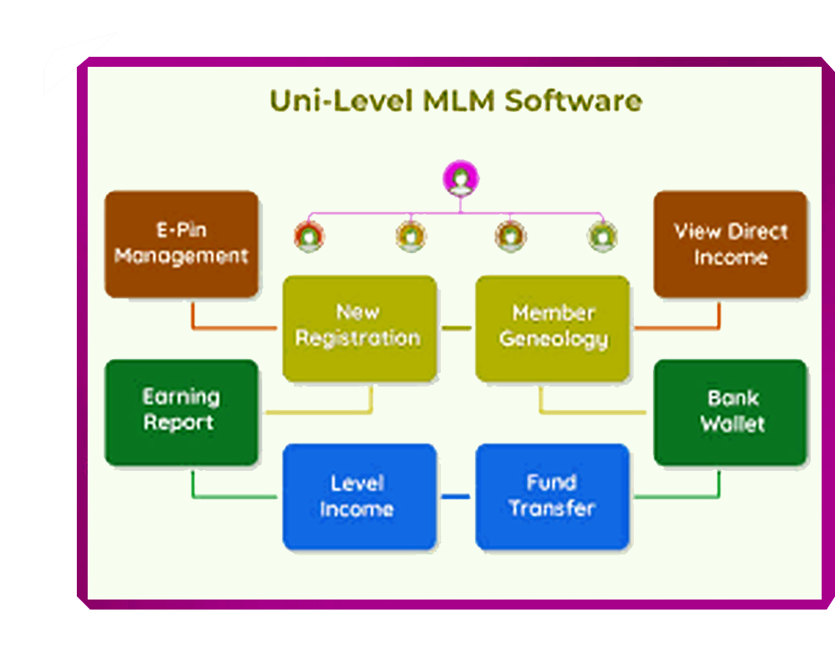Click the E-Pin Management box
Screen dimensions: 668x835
point(181,244)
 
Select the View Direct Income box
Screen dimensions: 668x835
point(731,244)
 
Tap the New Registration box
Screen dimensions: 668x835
point(359,328)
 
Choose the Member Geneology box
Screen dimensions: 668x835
point(553,328)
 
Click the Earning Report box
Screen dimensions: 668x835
point(181,412)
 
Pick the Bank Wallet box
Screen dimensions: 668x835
point(731,412)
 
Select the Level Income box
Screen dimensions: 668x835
point(359,497)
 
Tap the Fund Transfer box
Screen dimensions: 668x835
point(553,497)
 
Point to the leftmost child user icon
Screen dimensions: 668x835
point(309,236)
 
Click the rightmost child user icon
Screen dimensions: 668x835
point(602,236)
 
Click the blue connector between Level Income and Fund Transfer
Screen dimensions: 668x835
point(456,497)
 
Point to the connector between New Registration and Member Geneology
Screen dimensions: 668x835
point(456,328)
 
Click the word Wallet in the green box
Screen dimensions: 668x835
point(732,423)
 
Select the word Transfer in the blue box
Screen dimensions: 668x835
point(552,509)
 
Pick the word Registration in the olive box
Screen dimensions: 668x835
point(358,339)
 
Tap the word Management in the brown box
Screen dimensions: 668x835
point(181,256)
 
